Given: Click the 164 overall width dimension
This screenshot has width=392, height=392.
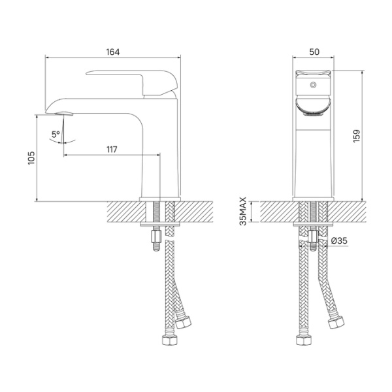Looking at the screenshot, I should click(112, 51).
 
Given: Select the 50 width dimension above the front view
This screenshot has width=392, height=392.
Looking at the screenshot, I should click(314, 51).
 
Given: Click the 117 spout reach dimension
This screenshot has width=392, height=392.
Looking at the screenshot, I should click(112, 150).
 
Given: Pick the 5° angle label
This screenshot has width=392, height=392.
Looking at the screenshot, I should click(56, 135).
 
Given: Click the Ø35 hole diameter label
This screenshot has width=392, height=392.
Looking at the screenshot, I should click(338, 241).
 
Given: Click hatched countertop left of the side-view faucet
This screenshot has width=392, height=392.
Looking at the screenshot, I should click(122, 212).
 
